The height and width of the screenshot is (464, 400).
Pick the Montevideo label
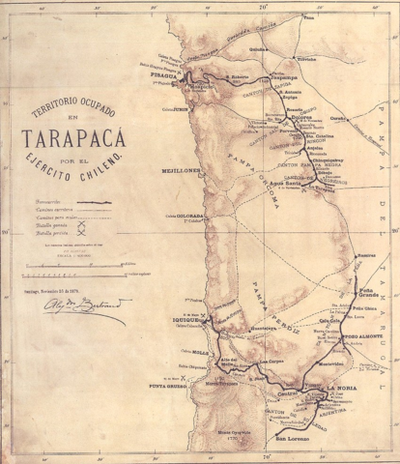point(331,363)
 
